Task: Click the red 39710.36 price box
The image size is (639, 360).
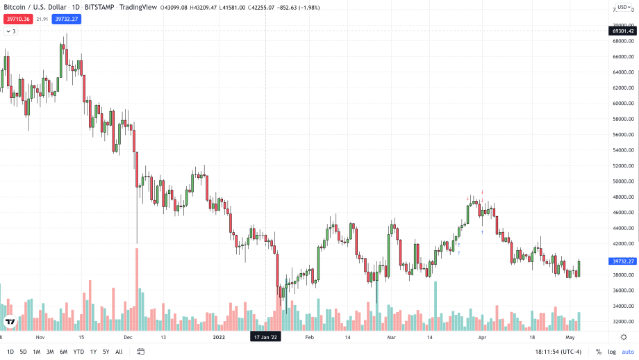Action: click(x=17, y=19)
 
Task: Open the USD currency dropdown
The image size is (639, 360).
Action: click(x=622, y=8)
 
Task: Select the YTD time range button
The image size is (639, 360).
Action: click(x=78, y=352)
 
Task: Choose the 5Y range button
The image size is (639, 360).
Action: click(x=106, y=352)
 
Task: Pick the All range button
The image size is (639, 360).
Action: click(x=119, y=352)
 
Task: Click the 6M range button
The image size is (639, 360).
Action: click(x=63, y=352)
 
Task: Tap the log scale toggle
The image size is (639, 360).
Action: click(x=611, y=352)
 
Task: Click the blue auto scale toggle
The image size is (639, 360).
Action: click(x=628, y=352)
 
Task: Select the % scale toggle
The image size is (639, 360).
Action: click(x=599, y=352)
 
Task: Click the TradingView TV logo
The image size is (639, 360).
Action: click(x=10, y=321)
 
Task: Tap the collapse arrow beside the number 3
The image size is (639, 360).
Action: click(x=7, y=31)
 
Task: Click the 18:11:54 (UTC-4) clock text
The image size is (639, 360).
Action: click(x=558, y=352)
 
